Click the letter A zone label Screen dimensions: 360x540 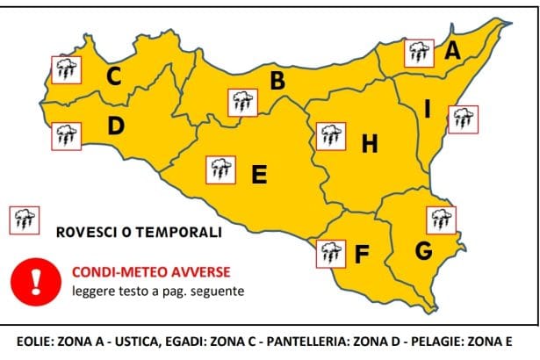[452, 52]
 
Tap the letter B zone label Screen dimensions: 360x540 [277, 82]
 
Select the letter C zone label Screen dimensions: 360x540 [113, 77]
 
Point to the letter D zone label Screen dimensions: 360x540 [115, 126]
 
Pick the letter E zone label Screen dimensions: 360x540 [259, 175]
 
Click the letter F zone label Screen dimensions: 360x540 [362, 255]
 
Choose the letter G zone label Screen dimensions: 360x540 [424, 251]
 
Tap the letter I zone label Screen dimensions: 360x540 [427, 110]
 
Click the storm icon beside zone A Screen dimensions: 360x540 [418, 52]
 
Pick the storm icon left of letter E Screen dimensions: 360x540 [220, 169]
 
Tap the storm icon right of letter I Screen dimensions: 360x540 [463, 119]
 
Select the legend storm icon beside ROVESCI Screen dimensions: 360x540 [23, 219]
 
